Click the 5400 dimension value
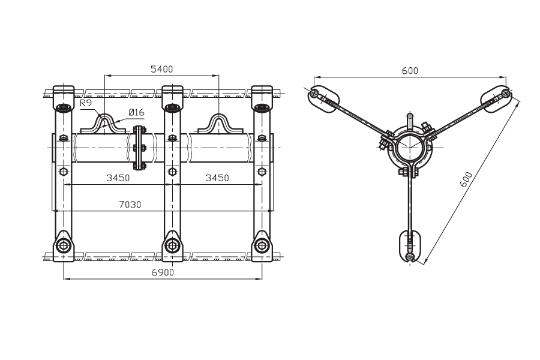click(162, 69)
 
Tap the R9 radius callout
click(86, 103)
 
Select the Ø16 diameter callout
click(136, 112)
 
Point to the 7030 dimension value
click(130, 205)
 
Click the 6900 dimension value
click(163, 272)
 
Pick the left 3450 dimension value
click(118, 178)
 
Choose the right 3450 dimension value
click(217, 178)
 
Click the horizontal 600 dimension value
click(410, 71)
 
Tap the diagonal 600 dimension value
click(466, 179)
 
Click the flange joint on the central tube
click(139, 148)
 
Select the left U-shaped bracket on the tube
click(103, 124)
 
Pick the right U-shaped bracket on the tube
click(220, 124)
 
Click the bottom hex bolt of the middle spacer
click(172, 245)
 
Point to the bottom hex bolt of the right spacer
click(262, 245)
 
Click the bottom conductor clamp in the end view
click(409, 247)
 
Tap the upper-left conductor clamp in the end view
click(323, 98)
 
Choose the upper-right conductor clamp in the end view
click(496, 98)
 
